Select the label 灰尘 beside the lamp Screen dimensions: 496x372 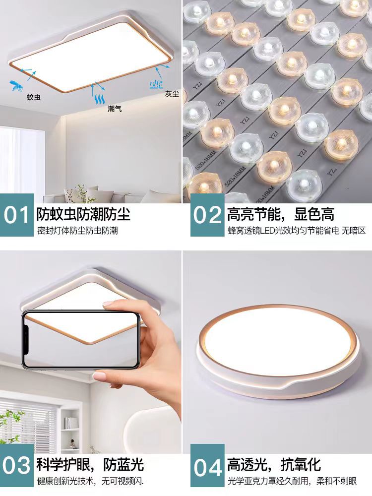click(x=172, y=94)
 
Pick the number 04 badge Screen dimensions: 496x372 click(x=207, y=467)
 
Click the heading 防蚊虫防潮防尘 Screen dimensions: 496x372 click(x=83, y=214)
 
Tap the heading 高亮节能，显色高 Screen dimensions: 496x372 click(x=281, y=214)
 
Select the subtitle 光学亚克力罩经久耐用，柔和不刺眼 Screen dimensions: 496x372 click(x=292, y=482)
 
